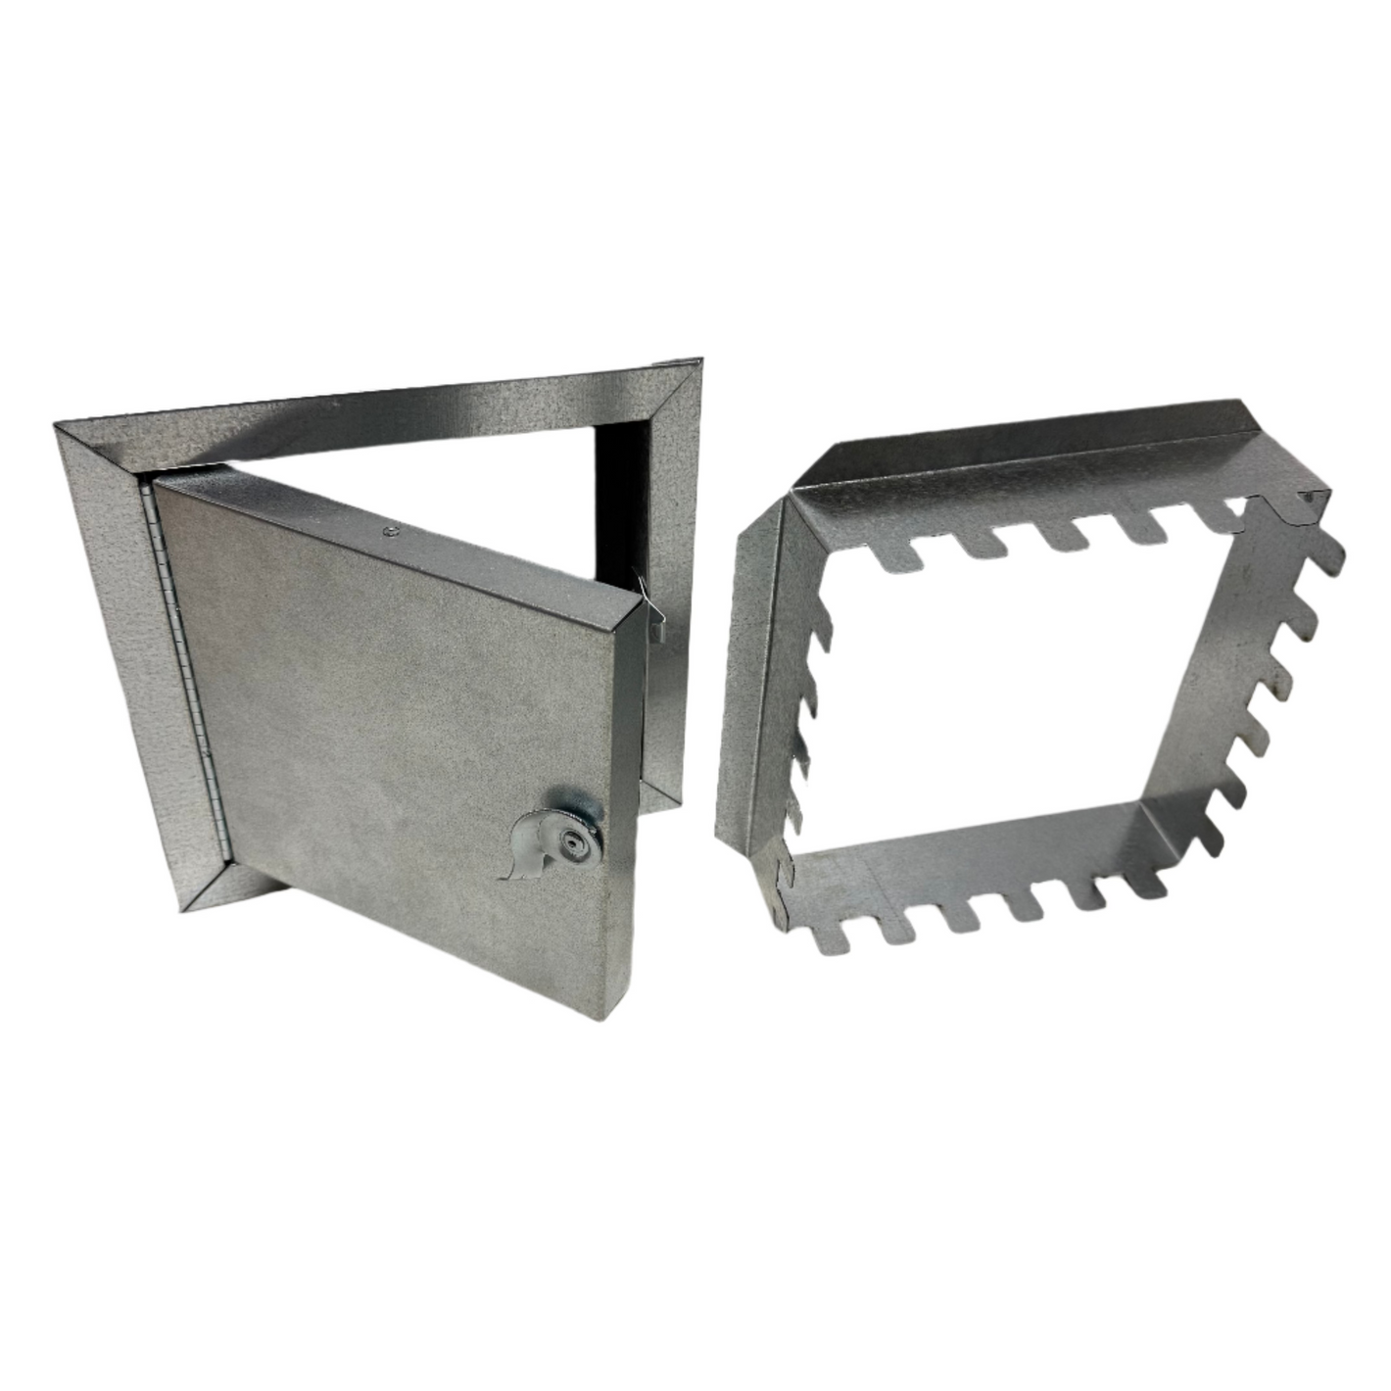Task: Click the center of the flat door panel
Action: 392,725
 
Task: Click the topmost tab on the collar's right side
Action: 1322,553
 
